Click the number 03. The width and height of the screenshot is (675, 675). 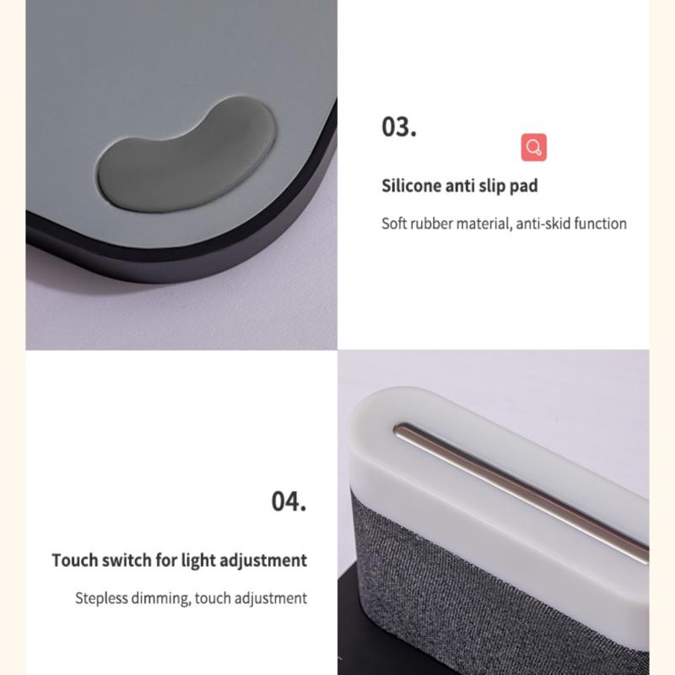(399, 127)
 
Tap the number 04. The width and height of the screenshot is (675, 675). (289, 501)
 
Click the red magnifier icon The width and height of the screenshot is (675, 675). (534, 147)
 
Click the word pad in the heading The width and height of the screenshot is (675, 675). (524, 186)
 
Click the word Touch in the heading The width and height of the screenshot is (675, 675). (74, 560)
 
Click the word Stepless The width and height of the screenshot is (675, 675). (101, 598)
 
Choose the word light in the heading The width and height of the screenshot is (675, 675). (198, 561)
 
